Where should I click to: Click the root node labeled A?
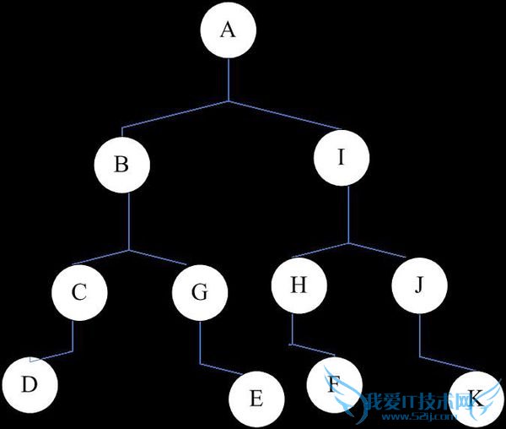pyautogui.click(x=228, y=31)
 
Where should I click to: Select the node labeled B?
pyautogui.click(x=121, y=163)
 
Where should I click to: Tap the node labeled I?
pyautogui.click(x=341, y=158)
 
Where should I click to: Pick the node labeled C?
pyautogui.click(x=79, y=292)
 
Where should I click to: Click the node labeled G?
pyautogui.click(x=200, y=293)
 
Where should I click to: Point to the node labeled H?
pyautogui.click(x=298, y=285)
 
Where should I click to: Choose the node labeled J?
pyautogui.click(x=420, y=285)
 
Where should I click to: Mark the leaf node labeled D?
pyautogui.click(x=29, y=384)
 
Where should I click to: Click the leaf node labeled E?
pyautogui.click(x=256, y=398)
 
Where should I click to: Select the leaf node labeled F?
pyautogui.click(x=334, y=384)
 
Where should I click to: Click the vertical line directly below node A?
pyautogui.click(x=228, y=80)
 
